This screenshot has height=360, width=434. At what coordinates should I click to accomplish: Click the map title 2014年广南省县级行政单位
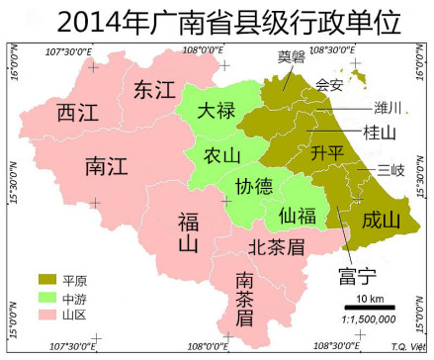click(217, 20)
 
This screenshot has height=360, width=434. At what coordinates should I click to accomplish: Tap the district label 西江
click(76, 111)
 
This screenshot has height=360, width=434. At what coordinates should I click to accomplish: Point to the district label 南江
click(105, 162)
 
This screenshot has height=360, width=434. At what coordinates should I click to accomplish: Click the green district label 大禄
click(216, 111)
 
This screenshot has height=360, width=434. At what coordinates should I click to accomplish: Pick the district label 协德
click(254, 187)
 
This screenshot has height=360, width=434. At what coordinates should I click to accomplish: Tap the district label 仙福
click(298, 213)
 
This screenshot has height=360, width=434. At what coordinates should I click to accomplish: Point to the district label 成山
click(381, 219)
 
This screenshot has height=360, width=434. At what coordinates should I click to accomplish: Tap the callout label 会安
click(329, 85)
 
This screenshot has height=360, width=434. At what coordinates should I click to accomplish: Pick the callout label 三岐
click(391, 171)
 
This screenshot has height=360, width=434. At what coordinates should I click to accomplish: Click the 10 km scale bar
click(370, 308)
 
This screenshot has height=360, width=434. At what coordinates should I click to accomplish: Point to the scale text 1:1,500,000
click(369, 318)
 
